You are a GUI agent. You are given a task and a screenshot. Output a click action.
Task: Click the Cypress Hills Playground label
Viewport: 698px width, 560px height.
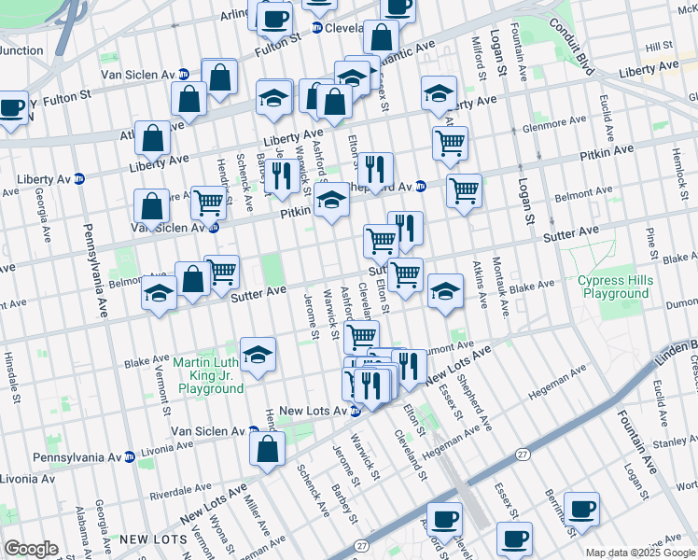pos(613,287)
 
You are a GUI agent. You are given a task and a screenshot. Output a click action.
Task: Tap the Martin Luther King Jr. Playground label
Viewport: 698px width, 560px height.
pos(210,375)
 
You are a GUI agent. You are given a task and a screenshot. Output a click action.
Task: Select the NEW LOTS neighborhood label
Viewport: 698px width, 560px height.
pos(147,539)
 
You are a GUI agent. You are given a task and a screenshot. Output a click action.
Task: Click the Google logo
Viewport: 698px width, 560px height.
pos(31,549)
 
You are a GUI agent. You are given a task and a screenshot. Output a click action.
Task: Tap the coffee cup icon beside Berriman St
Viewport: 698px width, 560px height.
pos(582,509)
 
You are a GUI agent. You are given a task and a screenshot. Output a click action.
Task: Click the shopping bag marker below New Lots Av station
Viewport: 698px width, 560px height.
pos(268,449)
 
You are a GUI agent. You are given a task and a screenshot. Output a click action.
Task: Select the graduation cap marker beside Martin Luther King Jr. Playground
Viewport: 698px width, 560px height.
pos(258,355)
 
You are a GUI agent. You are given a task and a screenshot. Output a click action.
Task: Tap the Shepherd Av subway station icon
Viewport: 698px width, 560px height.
pos(422,185)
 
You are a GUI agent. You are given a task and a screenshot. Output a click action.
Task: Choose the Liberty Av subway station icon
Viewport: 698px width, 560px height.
pos(79,178)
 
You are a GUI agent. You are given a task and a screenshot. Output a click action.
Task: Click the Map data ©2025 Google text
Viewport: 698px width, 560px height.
pos(640,553)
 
